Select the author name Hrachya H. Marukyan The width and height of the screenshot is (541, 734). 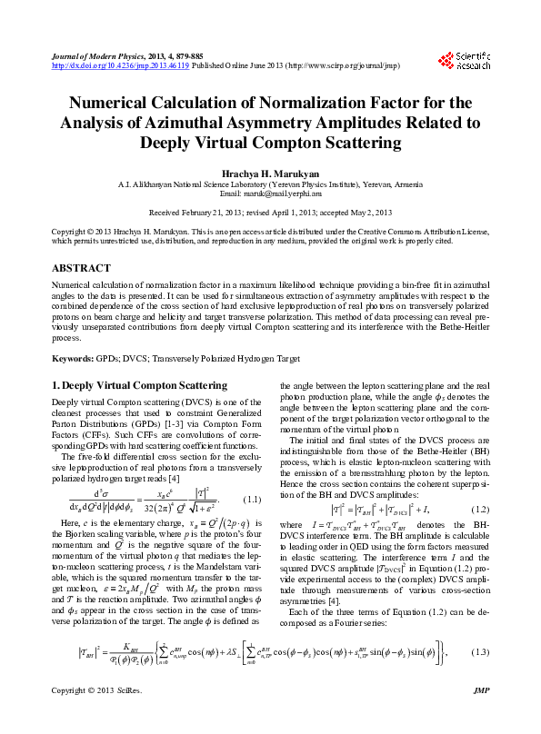(x=270, y=172)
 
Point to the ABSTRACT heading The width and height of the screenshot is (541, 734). (x=83, y=270)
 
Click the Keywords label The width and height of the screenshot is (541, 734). (x=74, y=359)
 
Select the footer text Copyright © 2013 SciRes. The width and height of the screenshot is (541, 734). (x=94, y=718)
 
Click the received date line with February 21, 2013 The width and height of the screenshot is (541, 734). (x=270, y=212)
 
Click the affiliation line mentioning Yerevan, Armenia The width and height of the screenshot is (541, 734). (x=270, y=183)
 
